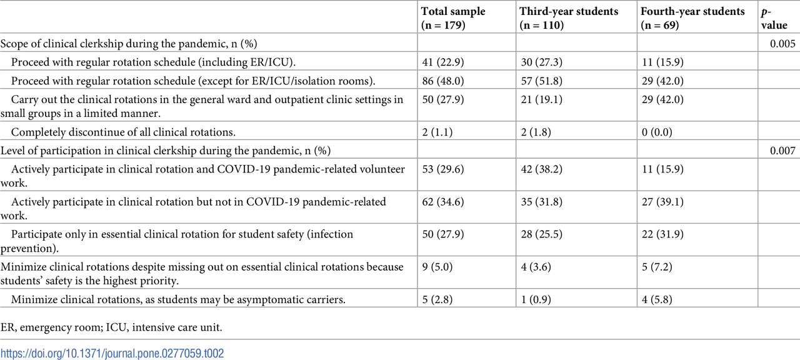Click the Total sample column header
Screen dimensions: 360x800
tap(453, 17)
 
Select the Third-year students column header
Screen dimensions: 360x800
tap(569, 17)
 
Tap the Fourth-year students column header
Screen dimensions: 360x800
tap(693, 17)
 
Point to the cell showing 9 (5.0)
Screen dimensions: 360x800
tap(438, 266)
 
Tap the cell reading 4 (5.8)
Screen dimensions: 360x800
tap(658, 299)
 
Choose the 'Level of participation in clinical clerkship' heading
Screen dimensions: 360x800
tap(166, 150)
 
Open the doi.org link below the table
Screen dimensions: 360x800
tap(112, 353)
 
